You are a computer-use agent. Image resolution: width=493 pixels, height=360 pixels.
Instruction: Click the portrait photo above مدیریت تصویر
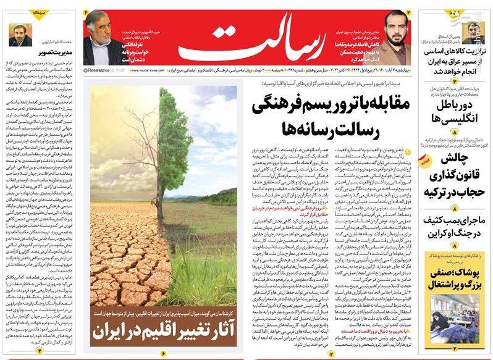pos(20,34)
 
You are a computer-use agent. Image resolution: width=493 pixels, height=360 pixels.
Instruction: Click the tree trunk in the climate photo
pos(160,185)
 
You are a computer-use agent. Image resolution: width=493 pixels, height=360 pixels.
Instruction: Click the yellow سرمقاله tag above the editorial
pos(19,12)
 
